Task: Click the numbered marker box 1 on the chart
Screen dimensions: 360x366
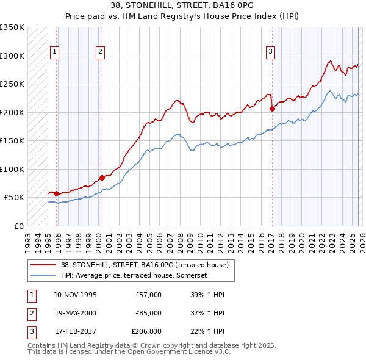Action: point(55,52)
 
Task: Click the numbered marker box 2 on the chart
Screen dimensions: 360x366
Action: point(99,52)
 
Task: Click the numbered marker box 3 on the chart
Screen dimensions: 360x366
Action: point(270,52)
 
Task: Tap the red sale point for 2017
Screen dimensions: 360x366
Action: point(272,109)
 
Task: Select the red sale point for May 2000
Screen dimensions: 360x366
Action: point(102,178)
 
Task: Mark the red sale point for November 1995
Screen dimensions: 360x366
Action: point(57,193)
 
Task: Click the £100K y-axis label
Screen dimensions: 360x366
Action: point(12,169)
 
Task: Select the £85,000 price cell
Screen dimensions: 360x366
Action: point(148,312)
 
